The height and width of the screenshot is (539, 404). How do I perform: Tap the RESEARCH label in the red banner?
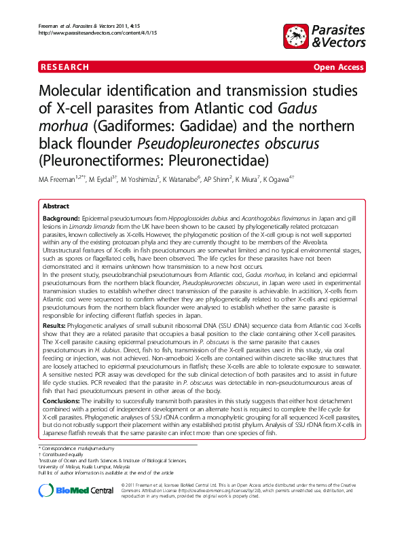[65, 67]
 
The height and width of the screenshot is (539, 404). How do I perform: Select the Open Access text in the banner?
[337, 67]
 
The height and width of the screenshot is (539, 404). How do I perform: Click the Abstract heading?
[56, 206]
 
